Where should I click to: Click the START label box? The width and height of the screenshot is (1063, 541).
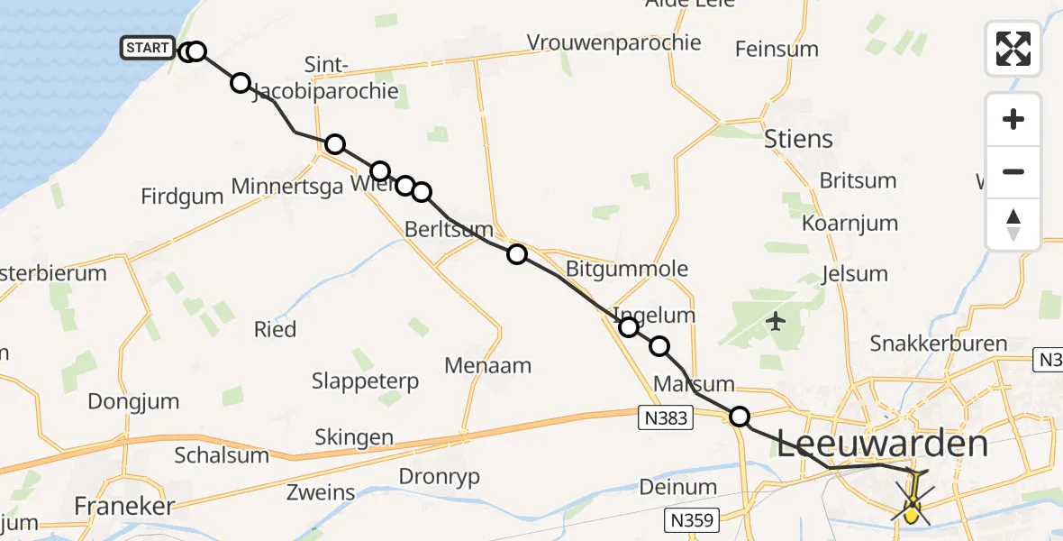pos(147,48)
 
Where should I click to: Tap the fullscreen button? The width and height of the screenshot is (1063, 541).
pos(1013,48)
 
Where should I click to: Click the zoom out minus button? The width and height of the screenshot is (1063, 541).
pos(1013,171)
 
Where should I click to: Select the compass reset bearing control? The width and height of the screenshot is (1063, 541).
pos(1013,225)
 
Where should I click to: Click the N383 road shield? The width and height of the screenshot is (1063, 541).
pos(667,417)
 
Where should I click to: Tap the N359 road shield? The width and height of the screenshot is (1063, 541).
pos(692,519)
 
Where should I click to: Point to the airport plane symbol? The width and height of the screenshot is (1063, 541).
pos(775,320)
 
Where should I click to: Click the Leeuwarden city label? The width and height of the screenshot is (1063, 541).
pos(882,445)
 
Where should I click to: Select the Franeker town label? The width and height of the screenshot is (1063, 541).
pos(123,506)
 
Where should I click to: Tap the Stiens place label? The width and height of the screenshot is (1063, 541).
pos(798,139)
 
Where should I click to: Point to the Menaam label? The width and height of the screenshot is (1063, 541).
pos(487,365)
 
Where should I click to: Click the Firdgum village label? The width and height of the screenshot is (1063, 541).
pos(181,197)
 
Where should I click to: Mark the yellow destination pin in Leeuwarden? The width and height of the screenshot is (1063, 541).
pos(912,515)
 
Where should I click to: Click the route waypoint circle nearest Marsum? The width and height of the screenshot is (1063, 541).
pos(740,417)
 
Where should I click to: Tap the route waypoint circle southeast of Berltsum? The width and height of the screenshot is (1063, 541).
pos(517,254)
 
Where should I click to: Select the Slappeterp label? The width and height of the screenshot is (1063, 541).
pos(365,381)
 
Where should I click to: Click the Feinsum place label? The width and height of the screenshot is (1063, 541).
pos(777,49)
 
